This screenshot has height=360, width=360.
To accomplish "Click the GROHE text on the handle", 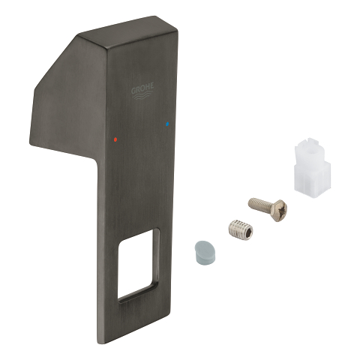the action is point(142,88).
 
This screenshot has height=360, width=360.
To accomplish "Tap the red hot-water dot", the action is point(115,139).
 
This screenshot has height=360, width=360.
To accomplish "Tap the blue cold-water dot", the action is point(167,124).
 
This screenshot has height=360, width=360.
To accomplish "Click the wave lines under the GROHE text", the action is point(142,95).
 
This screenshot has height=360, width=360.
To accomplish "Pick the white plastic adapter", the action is point(312,166).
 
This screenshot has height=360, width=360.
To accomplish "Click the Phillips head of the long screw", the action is point(279,210).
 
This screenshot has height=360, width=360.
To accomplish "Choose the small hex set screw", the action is point(241,229).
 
